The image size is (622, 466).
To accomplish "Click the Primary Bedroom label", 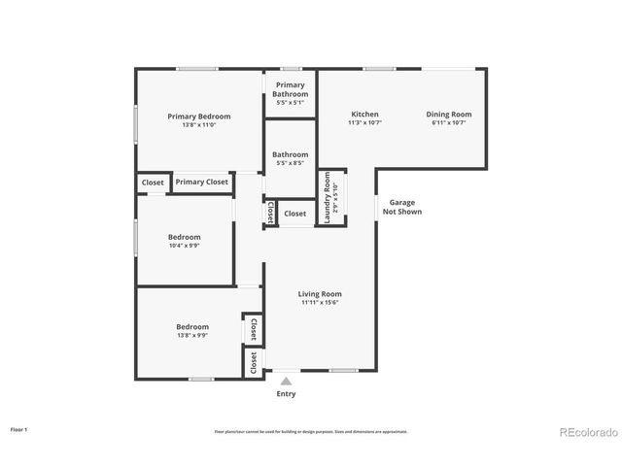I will coord(198,116).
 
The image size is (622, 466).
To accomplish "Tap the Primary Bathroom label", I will coord(290,89).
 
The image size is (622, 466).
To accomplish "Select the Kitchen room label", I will coord(364,115).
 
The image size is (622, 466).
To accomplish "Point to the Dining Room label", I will coord(448,115).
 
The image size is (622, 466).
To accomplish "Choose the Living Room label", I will coord(319,294).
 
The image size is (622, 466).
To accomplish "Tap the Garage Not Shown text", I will coord(401,207).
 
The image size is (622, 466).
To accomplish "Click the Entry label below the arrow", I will coord(286,394).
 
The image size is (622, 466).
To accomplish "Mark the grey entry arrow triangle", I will coord(286,382).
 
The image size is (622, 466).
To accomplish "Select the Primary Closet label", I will coord(202,182).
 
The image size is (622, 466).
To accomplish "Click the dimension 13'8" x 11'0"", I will coord(198,125).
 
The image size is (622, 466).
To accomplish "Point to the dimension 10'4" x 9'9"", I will coord(184,246).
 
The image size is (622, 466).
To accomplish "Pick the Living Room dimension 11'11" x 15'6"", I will coord(319,303).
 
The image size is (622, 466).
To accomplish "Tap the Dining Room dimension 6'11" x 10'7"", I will coord(448,123).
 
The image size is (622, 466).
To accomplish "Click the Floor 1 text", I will coord(19,428).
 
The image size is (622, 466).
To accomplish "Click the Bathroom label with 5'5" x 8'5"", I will coord(290,154).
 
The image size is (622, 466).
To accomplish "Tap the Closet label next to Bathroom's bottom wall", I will coord(294,214).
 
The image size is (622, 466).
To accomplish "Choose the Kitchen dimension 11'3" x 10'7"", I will coord(364,123).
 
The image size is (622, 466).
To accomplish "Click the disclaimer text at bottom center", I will coord(311,431).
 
